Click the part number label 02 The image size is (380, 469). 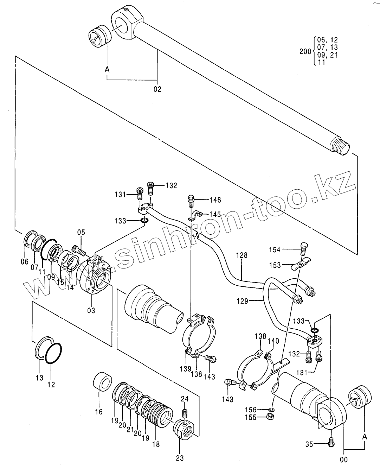[157, 89]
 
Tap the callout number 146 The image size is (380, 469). [215, 200]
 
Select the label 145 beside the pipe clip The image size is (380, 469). [215, 214]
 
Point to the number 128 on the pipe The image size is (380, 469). [242, 255]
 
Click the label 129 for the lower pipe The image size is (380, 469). [242, 301]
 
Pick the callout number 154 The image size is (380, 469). [275, 250]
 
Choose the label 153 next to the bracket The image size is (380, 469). [275, 265]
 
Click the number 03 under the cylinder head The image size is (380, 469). [91, 311]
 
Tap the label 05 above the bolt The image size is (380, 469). [81, 232]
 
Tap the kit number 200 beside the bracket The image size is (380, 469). [305, 51]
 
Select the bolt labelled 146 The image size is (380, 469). [191, 201]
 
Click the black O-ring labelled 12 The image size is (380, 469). [53, 355]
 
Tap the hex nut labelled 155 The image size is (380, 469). [269, 417]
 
